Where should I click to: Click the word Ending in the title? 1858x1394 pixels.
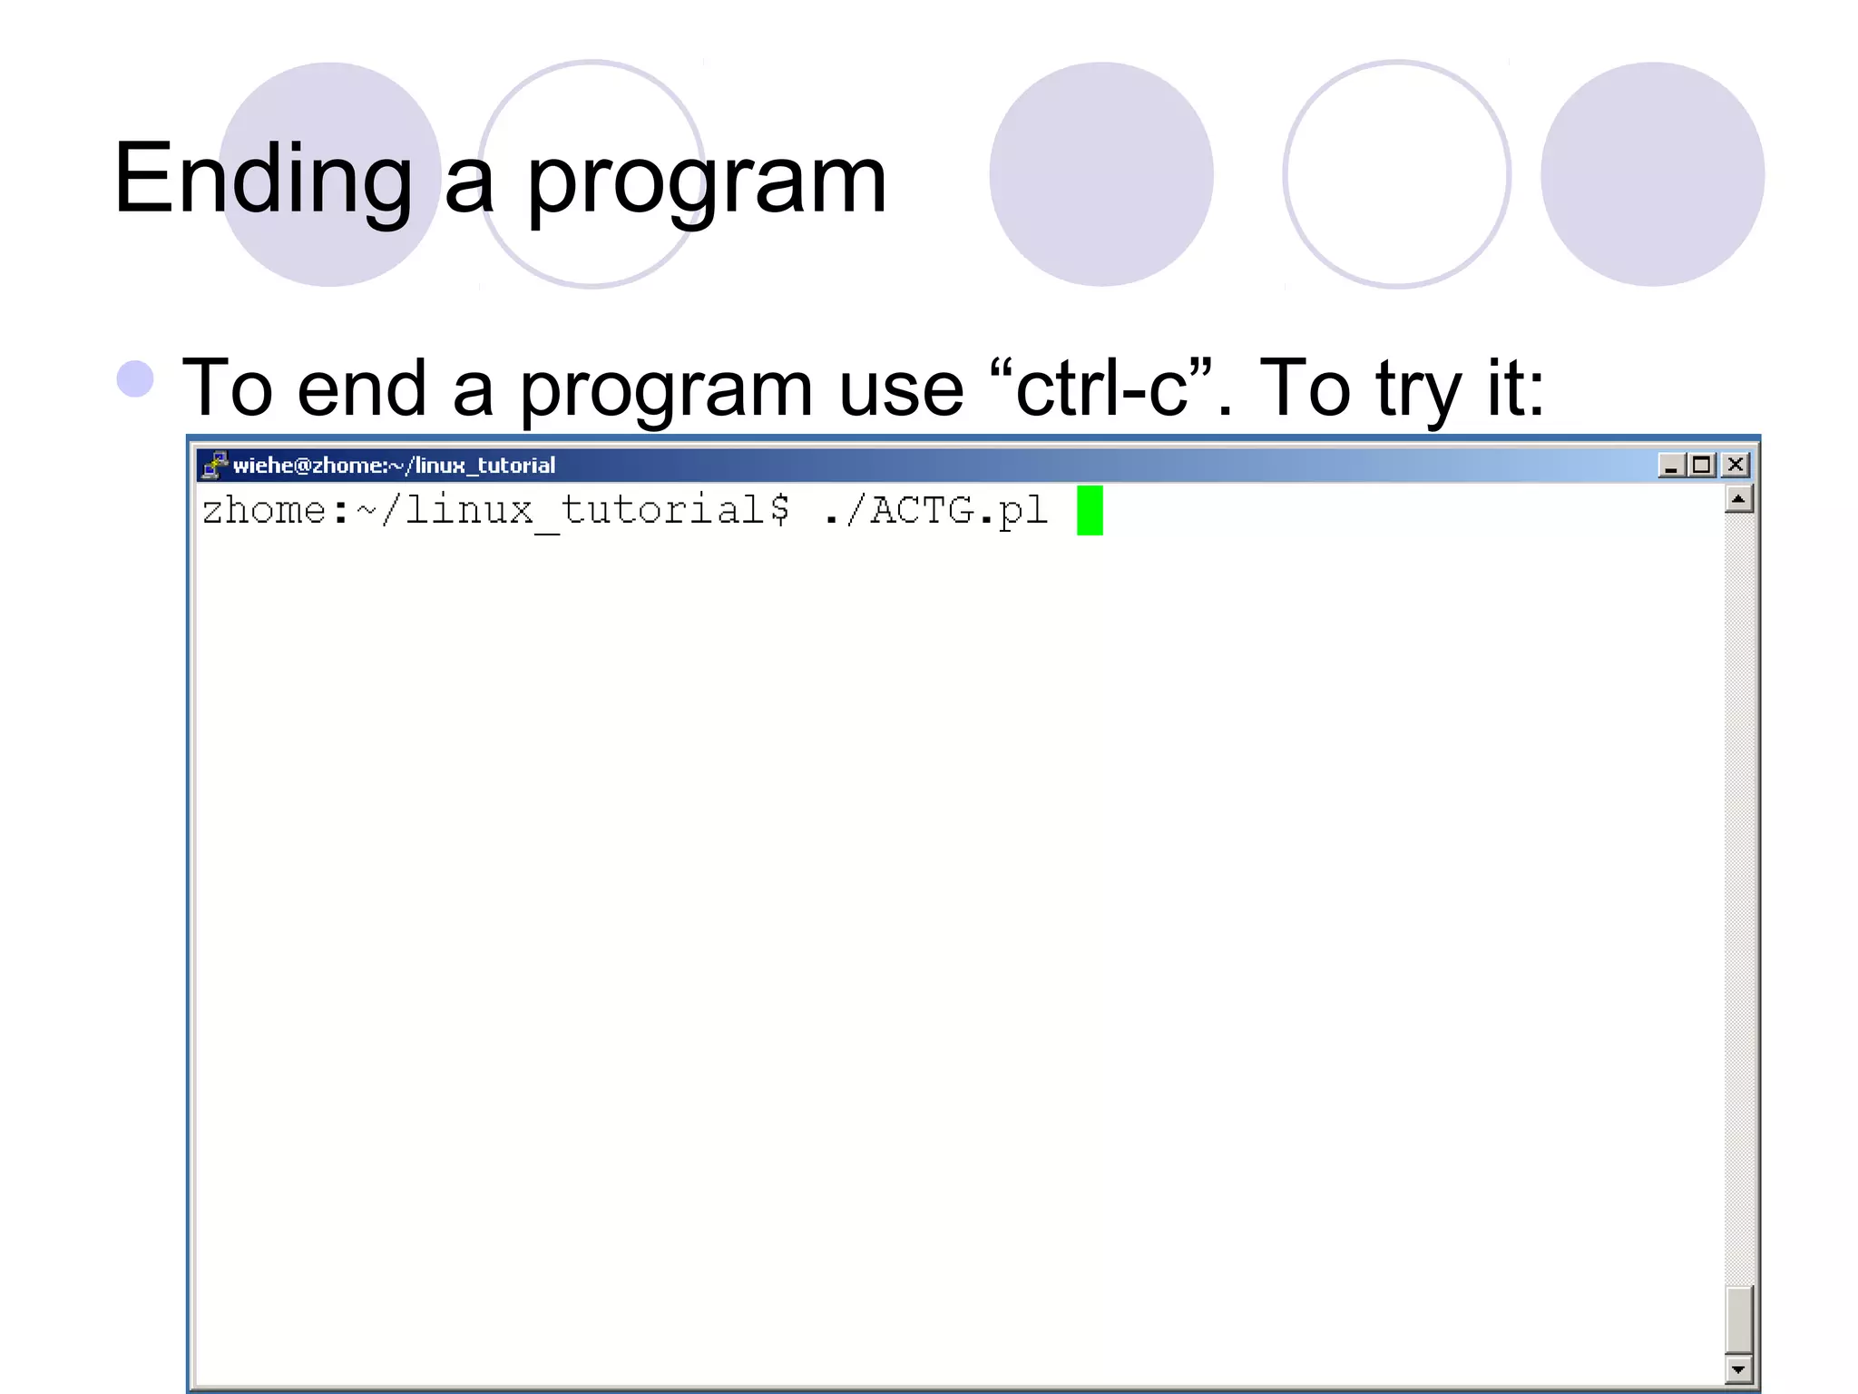(x=263, y=180)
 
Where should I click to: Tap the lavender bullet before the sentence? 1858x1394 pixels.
(x=135, y=379)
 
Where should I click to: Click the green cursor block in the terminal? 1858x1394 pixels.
(x=1090, y=510)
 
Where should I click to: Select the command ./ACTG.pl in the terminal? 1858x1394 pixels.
(x=934, y=510)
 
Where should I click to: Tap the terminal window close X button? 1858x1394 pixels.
(x=1736, y=465)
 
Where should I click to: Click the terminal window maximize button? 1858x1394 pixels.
(x=1703, y=465)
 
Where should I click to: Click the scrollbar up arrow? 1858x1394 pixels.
(x=1738, y=499)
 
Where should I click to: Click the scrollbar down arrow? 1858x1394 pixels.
(x=1738, y=1369)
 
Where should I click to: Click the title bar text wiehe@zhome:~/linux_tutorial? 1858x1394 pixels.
(x=394, y=465)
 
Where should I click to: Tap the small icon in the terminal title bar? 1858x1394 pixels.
(x=214, y=465)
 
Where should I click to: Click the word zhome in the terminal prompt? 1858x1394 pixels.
(x=264, y=510)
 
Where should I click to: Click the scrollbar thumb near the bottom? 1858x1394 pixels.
(x=1738, y=1319)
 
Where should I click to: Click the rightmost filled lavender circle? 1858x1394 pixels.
(x=1652, y=174)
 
